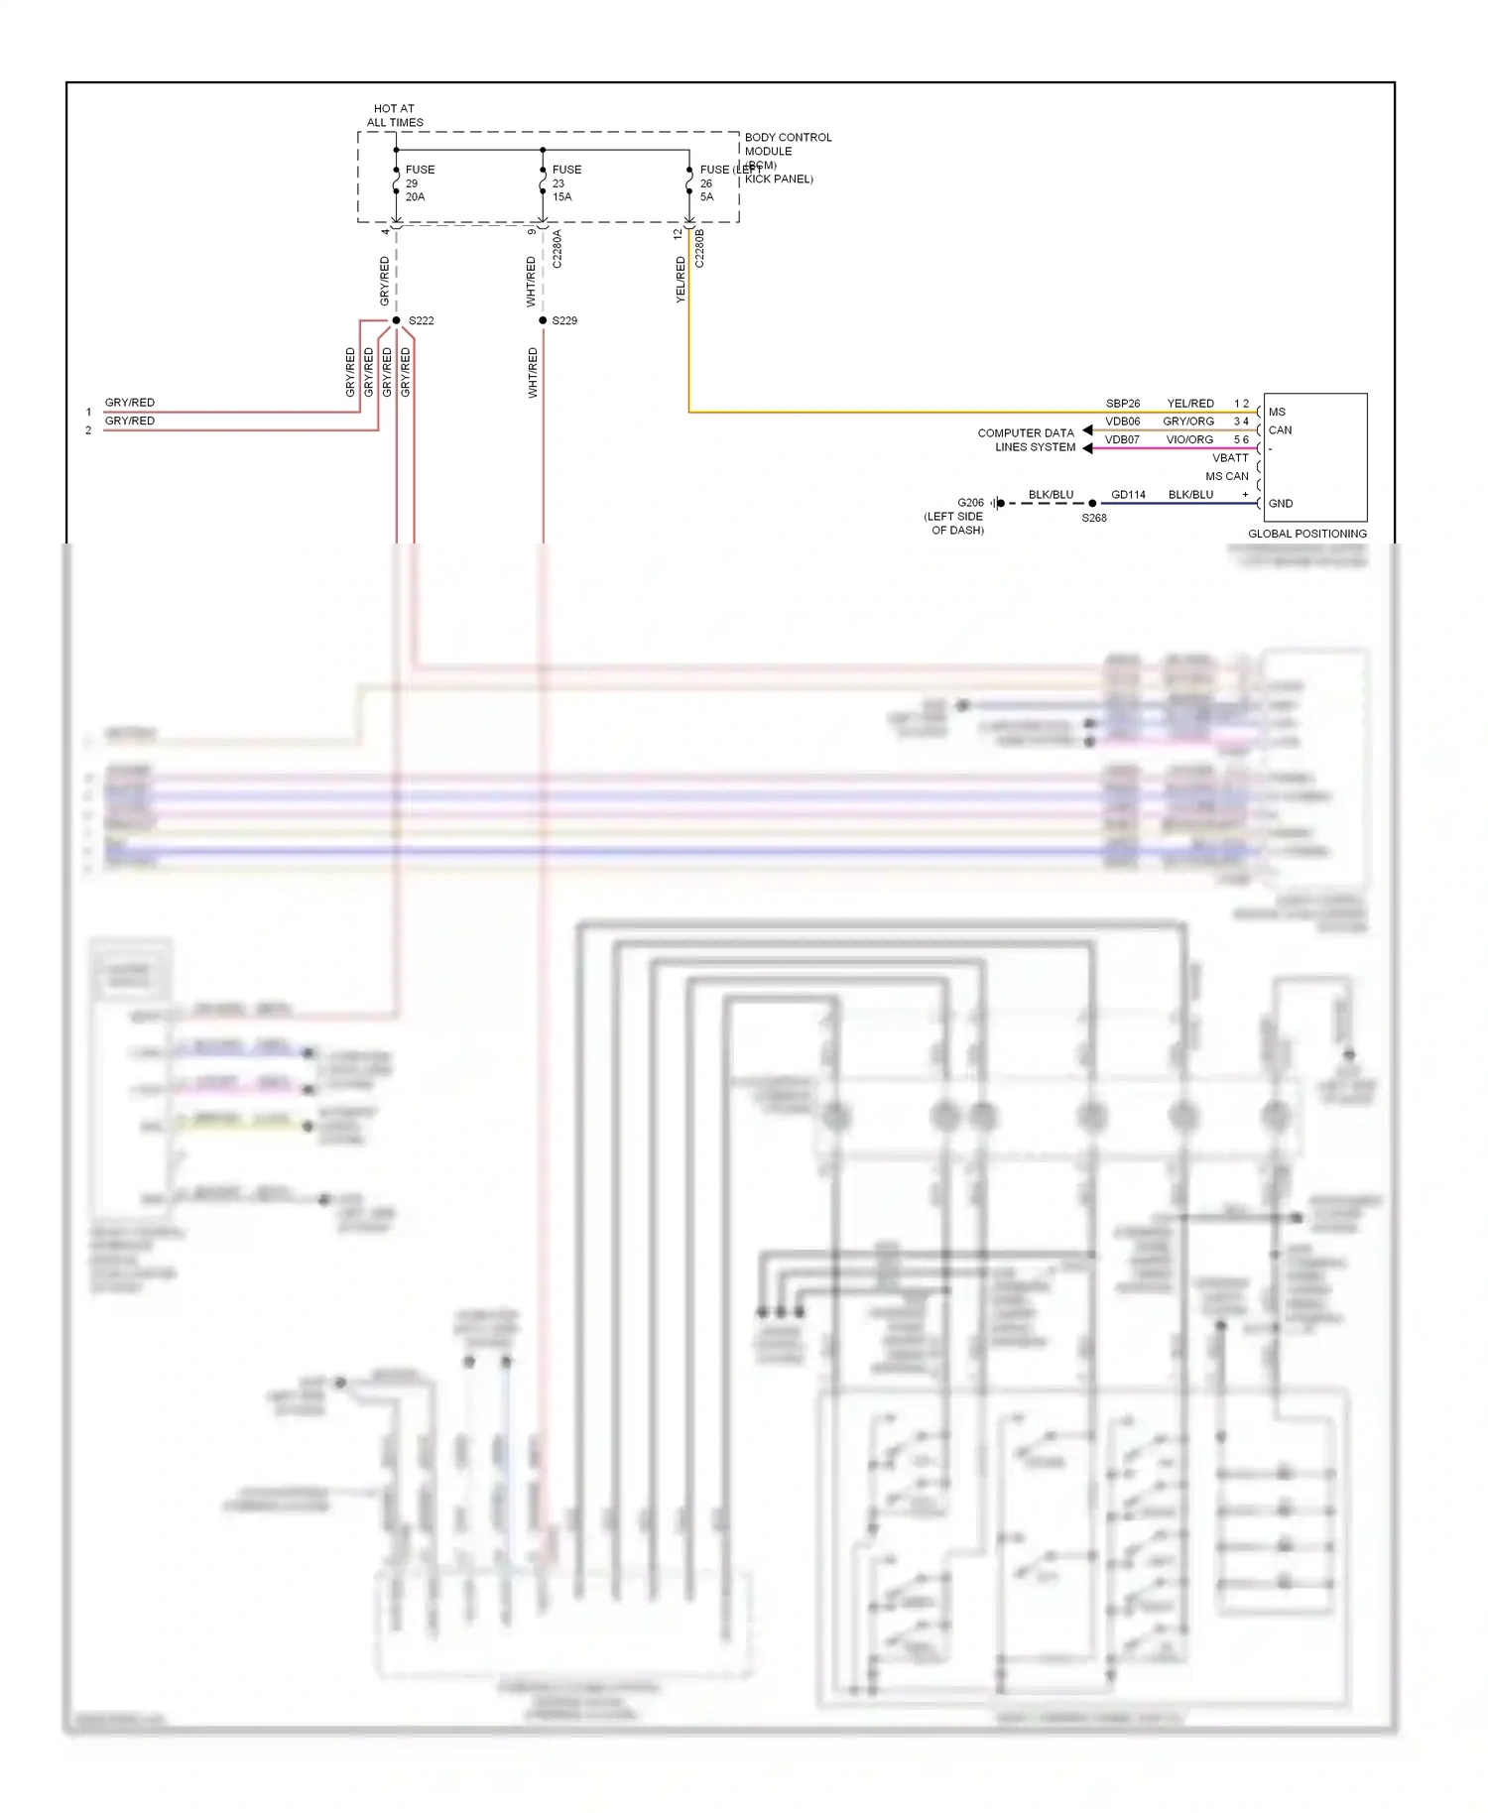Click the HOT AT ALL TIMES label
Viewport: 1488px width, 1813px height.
395,116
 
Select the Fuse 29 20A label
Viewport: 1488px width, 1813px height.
419,183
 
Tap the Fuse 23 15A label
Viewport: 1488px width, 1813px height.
565,183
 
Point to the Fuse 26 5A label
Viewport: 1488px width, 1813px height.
712,183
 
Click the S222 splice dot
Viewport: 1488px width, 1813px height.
396,320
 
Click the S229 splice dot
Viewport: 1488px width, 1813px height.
543,320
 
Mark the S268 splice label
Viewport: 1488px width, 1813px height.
1094,518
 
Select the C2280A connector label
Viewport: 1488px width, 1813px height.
557,249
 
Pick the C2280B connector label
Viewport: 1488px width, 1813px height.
699,249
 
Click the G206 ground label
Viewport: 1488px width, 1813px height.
970,503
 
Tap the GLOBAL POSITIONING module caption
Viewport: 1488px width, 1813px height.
1306,534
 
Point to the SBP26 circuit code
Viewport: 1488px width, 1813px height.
1123,404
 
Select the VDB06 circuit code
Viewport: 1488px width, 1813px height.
1123,422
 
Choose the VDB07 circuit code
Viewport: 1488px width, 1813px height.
1123,439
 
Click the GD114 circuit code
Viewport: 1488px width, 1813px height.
1128,494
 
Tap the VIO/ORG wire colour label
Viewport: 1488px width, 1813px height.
1189,439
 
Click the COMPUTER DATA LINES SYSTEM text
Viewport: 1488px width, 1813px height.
1027,440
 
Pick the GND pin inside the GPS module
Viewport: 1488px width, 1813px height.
1280,503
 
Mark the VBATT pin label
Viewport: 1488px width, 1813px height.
1230,458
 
